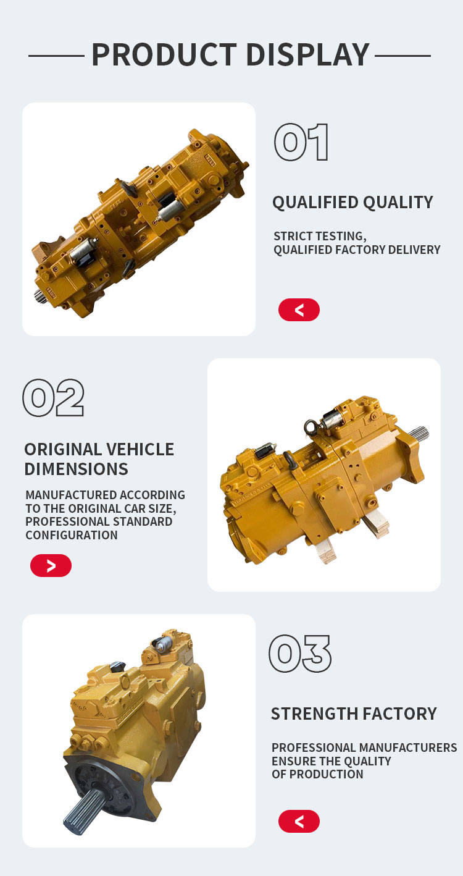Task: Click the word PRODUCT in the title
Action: click(x=164, y=55)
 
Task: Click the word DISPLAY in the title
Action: click(x=308, y=55)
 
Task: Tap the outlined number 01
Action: click(x=301, y=142)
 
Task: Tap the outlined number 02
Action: click(x=54, y=398)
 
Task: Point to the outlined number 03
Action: click(x=300, y=654)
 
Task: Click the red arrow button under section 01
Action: click(x=299, y=310)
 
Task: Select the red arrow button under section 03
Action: click(x=299, y=821)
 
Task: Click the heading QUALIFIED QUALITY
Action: click(x=352, y=203)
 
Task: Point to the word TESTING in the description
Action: click(x=341, y=236)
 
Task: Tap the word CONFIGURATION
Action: click(x=72, y=535)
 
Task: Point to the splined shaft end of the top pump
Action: click(x=40, y=297)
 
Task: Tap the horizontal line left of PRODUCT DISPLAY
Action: click(x=56, y=56)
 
